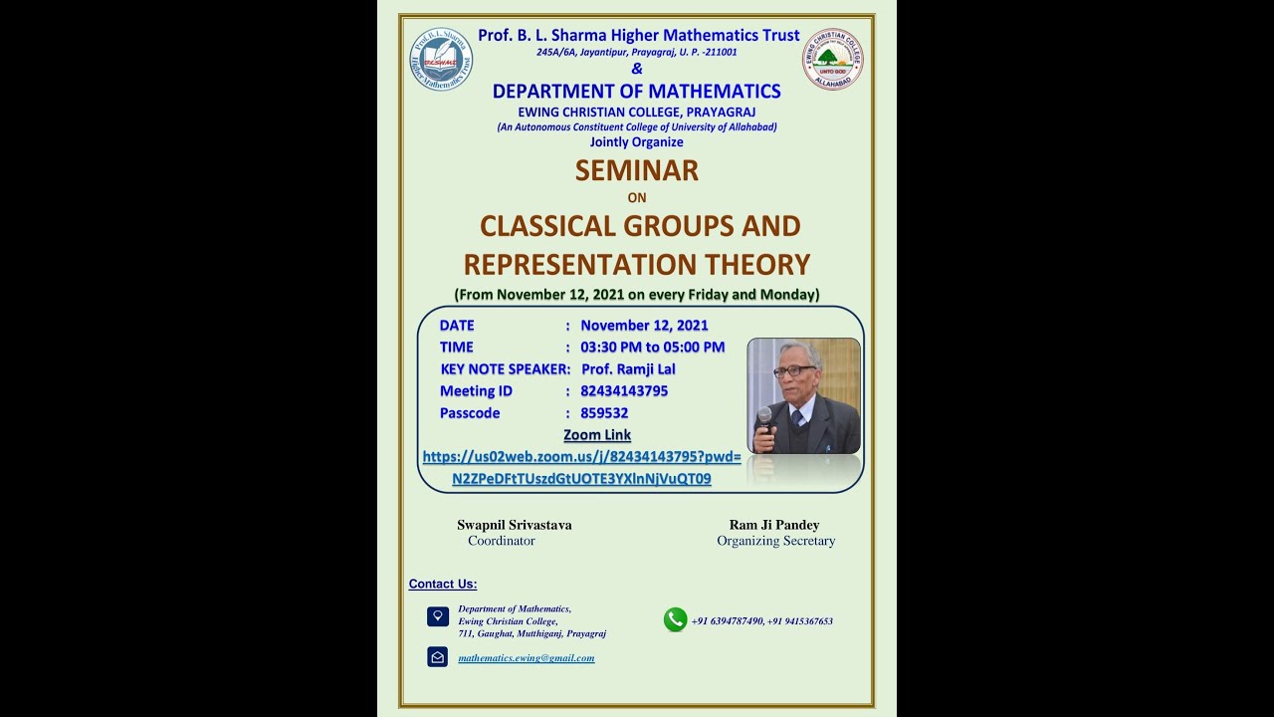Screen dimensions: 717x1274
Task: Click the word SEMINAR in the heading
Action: pos(636,170)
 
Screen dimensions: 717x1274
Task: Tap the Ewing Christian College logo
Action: pos(832,60)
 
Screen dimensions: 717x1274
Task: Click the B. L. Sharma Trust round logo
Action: pos(441,60)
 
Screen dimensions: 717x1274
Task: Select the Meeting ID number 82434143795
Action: pos(624,391)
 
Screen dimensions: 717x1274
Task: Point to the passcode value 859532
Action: pos(604,413)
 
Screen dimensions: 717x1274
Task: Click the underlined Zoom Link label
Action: pos(597,435)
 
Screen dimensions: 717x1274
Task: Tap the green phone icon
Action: pos(675,619)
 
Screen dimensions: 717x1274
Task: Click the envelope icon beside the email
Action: pos(437,657)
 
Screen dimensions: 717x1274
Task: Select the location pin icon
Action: pos(437,616)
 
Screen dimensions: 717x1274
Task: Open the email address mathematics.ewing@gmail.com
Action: pos(526,658)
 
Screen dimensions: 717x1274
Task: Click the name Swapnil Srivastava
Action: pos(514,525)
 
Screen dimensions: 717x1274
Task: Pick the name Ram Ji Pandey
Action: pos(774,525)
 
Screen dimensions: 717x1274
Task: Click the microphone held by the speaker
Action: pos(764,416)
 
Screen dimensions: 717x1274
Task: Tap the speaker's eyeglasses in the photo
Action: pos(793,370)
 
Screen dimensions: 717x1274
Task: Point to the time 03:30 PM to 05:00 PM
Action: pos(652,348)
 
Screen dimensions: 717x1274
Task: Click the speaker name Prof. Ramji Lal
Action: pos(628,369)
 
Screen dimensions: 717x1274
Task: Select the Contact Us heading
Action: pos(443,585)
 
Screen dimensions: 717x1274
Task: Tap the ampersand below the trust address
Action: pos(637,69)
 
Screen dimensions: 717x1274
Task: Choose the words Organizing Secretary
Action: pos(775,541)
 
